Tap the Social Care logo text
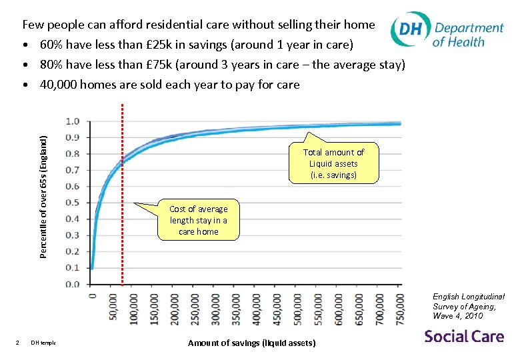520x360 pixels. [464, 336]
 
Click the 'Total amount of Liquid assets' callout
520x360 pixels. [333, 163]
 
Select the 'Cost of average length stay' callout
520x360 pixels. [198, 220]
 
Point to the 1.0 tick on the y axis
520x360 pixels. [73, 121]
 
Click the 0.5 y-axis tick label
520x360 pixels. [73, 203]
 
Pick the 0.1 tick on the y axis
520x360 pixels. [73, 268]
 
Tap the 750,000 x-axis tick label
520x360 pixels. [399, 308]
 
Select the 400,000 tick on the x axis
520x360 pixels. [256, 308]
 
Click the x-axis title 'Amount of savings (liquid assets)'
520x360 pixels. [252, 343]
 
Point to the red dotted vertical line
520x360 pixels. [122, 200]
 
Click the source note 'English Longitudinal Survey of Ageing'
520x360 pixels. [469, 306]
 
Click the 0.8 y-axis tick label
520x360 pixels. [73, 154]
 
